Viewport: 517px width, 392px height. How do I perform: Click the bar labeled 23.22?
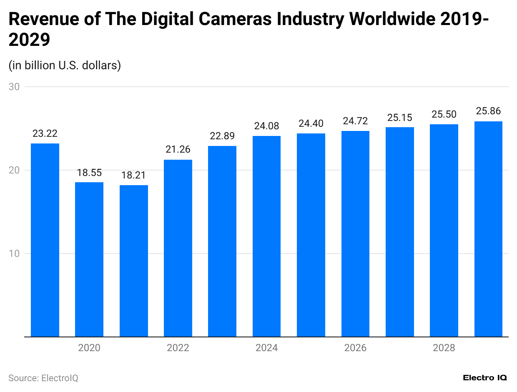[45, 240]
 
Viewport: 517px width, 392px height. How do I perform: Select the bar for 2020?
[89, 259]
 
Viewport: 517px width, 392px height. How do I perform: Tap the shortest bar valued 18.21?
[134, 261]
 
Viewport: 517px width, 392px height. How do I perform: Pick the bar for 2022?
[178, 248]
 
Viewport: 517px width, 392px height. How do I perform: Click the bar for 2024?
[266, 236]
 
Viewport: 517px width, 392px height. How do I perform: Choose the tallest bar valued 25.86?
[488, 229]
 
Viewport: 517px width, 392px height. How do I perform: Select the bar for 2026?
[355, 234]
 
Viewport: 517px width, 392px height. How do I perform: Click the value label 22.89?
[222, 136]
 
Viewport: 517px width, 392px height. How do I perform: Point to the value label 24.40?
[311, 123]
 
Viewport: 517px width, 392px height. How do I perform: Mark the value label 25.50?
[444, 114]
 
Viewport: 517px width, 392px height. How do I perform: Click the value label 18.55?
[89, 173]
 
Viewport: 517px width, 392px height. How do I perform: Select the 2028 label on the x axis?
[444, 348]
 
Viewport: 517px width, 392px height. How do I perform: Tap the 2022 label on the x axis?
[178, 348]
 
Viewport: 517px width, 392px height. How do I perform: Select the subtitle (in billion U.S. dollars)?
[65, 65]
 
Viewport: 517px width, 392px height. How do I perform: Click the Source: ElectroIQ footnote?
[43, 378]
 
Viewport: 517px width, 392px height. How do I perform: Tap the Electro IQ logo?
[485, 377]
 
